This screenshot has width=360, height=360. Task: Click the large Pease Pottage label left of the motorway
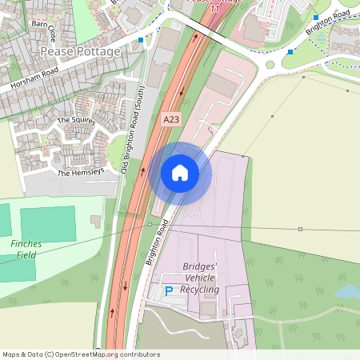pos(81,51)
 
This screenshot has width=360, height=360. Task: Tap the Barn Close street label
pos(44,32)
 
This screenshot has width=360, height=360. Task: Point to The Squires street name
pos(76,121)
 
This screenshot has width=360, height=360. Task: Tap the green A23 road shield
pos(171,119)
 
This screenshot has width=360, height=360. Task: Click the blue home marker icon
pos(180,173)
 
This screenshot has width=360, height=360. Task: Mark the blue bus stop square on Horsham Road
pos(142,39)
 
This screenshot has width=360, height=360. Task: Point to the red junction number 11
pos(214,7)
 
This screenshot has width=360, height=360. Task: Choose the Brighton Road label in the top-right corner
pos(327,23)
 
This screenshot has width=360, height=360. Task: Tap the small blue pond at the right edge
pos(348,293)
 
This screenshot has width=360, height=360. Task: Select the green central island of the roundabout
pos(270,65)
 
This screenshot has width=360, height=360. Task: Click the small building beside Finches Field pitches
pos(97,220)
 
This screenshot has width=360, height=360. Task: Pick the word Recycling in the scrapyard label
pos(200,289)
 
